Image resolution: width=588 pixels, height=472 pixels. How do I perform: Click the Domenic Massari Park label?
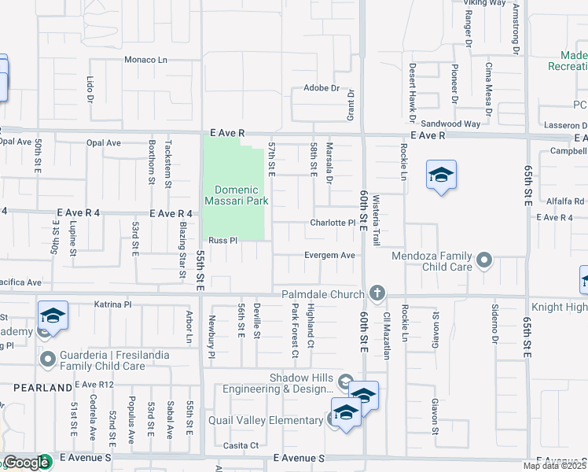click(x=237, y=195)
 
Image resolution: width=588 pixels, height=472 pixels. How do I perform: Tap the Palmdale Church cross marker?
click(x=377, y=294)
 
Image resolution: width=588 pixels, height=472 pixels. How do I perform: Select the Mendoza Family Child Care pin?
click(x=484, y=259)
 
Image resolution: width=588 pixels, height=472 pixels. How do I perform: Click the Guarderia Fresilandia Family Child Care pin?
click(x=48, y=360)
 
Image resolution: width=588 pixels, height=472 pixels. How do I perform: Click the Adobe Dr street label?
click(x=322, y=88)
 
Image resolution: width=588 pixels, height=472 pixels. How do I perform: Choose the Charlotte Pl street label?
click(x=333, y=223)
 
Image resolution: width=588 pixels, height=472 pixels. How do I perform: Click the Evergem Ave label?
click(x=331, y=255)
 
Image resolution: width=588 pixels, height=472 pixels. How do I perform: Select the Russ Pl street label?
click(x=222, y=241)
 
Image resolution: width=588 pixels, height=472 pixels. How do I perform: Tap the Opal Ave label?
click(x=103, y=143)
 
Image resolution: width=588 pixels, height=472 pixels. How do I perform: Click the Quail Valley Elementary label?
click(x=266, y=420)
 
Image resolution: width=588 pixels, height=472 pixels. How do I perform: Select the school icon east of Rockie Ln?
click(x=441, y=175)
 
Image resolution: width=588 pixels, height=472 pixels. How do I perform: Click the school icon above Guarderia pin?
click(x=53, y=316)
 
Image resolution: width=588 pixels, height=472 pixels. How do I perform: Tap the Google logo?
click(x=26, y=463)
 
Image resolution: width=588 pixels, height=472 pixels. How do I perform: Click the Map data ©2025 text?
click(x=554, y=466)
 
